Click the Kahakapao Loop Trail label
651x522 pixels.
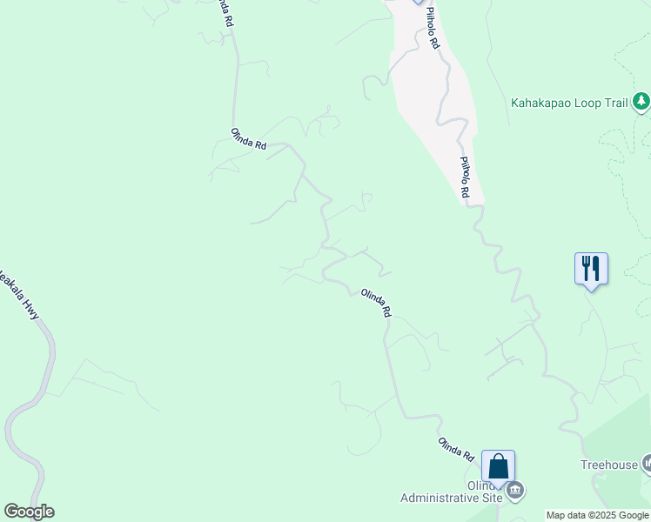569,103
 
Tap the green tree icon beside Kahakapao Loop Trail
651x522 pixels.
641,103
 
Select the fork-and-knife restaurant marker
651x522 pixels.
591,268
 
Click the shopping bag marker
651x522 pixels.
498,467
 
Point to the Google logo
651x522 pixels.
29,512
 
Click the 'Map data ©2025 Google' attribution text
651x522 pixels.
598,515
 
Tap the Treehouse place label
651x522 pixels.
609,465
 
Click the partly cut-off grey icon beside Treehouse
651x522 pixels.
647,465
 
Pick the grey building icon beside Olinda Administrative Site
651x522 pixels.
515,492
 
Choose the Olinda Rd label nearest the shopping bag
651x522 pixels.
455,449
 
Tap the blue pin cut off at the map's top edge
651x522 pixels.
418,3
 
